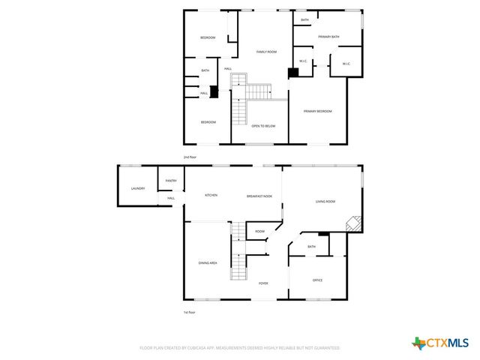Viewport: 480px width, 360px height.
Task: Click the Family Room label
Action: pyautogui.click(x=267, y=52)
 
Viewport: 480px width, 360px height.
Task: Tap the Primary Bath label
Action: pyautogui.click(x=329, y=37)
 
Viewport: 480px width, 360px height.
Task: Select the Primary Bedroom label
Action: pyautogui.click(x=317, y=111)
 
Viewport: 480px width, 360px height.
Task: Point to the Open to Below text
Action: pyautogui.click(x=263, y=126)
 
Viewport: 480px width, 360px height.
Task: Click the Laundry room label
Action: pyautogui.click(x=137, y=188)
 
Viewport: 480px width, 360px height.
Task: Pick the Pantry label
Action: pyautogui.click(x=171, y=180)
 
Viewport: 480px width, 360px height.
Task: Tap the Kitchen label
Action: pyautogui.click(x=211, y=195)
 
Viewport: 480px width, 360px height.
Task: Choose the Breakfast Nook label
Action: pyautogui.click(x=259, y=196)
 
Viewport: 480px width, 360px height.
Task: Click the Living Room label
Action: pyautogui.click(x=325, y=201)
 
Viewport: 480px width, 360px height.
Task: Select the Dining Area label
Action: pyautogui.click(x=208, y=262)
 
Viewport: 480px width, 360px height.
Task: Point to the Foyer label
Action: pyautogui.click(x=263, y=283)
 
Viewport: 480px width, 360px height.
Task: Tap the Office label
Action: pyautogui.click(x=317, y=280)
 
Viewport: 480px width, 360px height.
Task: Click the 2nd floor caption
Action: pyautogui.click(x=190, y=157)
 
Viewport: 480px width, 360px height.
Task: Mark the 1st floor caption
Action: pyautogui.click(x=190, y=311)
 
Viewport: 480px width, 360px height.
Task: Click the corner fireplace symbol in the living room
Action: pyautogui.click(x=352, y=224)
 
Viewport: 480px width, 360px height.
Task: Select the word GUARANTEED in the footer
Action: pyautogui.click(x=326, y=348)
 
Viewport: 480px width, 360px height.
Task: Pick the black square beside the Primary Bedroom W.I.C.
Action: pyautogui.click(x=294, y=73)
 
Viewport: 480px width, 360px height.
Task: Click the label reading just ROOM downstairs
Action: pyautogui.click(x=259, y=232)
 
